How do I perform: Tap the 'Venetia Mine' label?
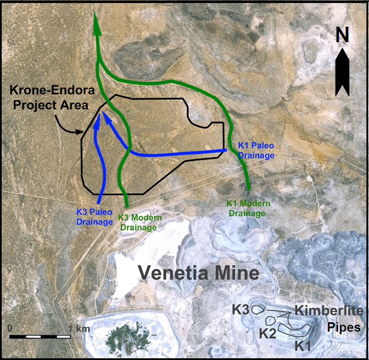point(198,272)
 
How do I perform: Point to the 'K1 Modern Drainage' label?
point(246,208)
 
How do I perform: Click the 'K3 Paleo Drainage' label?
point(94,217)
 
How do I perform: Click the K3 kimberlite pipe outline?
point(259,309)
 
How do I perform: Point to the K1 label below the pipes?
point(303,346)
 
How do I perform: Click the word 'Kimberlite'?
point(329,311)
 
